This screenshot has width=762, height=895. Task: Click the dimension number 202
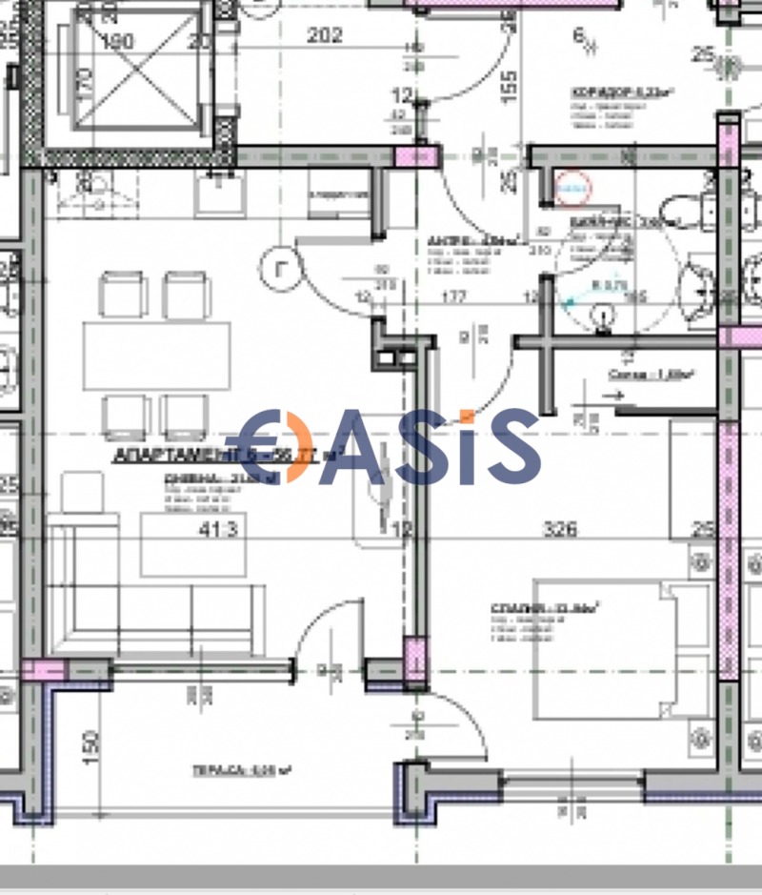pos(324,35)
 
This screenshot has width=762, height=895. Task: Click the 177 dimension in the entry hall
pos(453,297)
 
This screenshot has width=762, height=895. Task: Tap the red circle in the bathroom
pos(573,188)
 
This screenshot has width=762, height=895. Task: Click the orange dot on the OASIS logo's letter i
pos(465,416)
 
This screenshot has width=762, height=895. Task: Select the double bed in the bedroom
pos(619,648)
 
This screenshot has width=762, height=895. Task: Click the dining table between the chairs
pos(157,355)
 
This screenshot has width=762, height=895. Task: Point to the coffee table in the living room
pos(181,543)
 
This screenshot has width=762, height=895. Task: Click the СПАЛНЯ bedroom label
pos(551,607)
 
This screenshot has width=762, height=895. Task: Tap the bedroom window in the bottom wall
pos(572,783)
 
